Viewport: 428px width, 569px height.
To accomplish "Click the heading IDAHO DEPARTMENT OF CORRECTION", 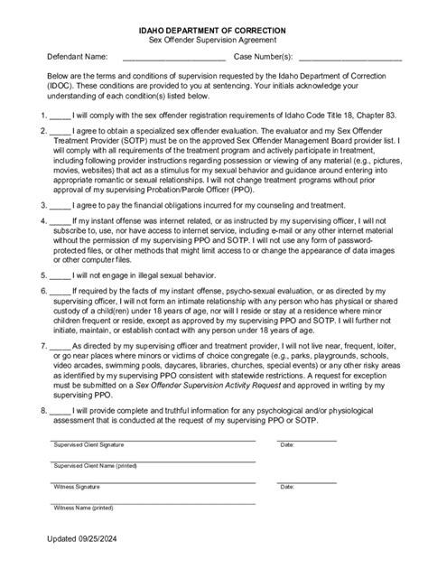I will (x=214, y=30).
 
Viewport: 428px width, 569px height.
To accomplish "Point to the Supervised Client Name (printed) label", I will (x=95, y=466).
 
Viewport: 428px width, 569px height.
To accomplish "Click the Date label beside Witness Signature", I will (x=287, y=487).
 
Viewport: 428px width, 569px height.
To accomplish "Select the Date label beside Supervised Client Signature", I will (x=287, y=445).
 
